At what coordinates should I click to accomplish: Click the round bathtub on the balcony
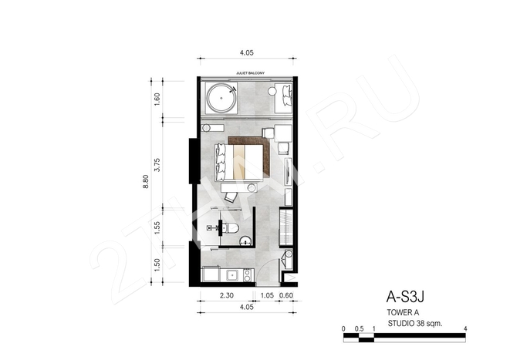click(x=221, y=98)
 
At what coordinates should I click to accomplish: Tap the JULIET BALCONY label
click(x=250, y=73)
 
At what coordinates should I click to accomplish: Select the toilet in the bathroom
click(x=232, y=228)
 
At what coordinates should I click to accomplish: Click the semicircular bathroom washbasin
click(x=245, y=241)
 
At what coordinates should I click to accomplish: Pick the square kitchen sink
click(x=232, y=275)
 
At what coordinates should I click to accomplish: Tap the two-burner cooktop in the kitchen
click(x=247, y=275)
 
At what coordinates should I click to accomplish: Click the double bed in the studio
click(x=238, y=163)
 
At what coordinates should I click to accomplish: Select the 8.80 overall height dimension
click(x=145, y=181)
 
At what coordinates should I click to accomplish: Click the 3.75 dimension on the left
click(x=157, y=165)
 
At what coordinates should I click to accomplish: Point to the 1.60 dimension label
click(x=157, y=99)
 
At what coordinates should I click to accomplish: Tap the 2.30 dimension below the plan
click(x=226, y=295)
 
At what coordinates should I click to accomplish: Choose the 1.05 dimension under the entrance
click(x=267, y=295)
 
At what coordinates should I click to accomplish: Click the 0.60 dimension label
click(x=286, y=295)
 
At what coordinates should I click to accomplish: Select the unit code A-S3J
click(x=405, y=296)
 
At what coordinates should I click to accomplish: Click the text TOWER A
click(x=403, y=312)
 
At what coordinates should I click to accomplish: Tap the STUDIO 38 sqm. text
click(x=415, y=324)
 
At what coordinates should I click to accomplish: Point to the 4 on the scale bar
click(x=465, y=329)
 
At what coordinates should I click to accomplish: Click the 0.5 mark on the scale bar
click(x=359, y=329)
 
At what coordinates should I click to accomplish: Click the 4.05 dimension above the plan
click(x=247, y=52)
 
